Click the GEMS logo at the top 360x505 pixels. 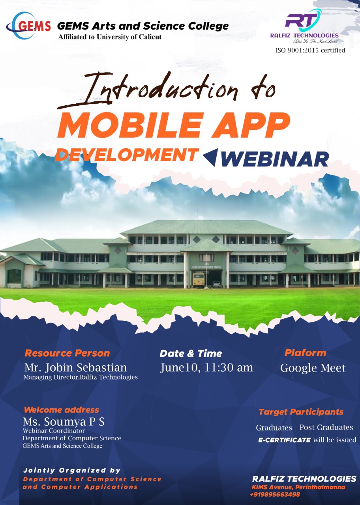coord(28,26)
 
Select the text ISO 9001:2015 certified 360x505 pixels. coord(310,50)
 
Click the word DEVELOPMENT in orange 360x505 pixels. coord(126,155)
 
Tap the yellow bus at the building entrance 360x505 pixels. coord(198,279)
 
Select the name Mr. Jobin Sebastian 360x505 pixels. coord(76,367)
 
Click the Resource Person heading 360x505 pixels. coord(67,353)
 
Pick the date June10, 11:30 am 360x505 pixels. coord(206,367)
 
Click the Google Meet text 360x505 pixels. coord(313,368)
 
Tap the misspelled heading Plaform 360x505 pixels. coord(305,353)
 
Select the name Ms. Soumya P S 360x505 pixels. coord(64,421)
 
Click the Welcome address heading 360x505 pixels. coord(61,410)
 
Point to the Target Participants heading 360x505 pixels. coord(301,412)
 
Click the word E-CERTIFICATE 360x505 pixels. coord(284,440)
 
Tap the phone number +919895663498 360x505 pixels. coord(275,494)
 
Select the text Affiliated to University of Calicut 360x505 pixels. coord(110,37)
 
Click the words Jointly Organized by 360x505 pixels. coord(72,470)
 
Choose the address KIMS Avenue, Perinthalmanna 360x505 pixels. coord(298,487)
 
